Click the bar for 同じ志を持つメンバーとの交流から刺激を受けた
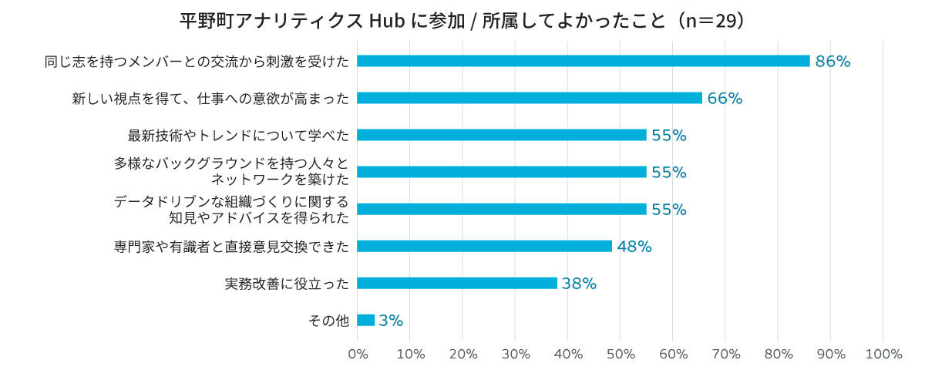click(584, 61)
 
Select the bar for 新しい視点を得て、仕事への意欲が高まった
click(530, 98)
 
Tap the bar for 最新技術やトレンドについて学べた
click(502, 135)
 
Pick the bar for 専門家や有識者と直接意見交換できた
click(484, 247)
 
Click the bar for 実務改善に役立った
click(457, 283)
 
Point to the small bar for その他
click(366, 320)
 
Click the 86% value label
click(832, 62)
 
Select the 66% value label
click(725, 99)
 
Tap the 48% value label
click(634, 247)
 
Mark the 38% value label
click(579, 284)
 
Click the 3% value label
click(391, 321)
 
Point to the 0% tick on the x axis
click(358, 355)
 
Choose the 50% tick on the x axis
click(621, 355)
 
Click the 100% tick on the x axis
click(883, 355)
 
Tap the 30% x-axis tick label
click(515, 355)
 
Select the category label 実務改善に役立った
click(287, 284)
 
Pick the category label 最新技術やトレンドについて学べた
click(238, 136)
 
